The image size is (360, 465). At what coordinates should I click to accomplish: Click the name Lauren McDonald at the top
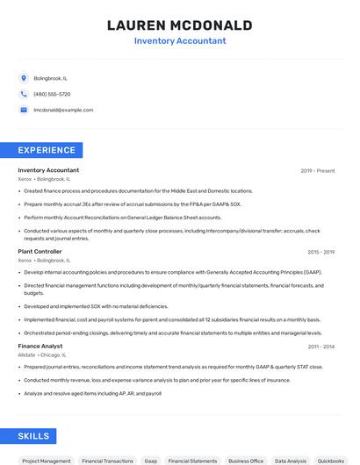point(179,25)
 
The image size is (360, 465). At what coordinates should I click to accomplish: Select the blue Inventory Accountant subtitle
point(179,40)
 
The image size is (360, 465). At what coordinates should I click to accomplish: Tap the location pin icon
point(24,78)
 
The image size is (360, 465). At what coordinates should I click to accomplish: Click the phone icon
point(24,94)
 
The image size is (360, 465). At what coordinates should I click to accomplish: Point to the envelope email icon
point(24,110)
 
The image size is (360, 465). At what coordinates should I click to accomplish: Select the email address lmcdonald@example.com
point(63,110)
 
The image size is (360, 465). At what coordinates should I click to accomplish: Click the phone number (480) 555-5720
point(52,94)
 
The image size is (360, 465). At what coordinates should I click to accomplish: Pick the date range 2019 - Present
point(317,171)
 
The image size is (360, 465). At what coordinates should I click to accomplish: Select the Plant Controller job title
point(40,252)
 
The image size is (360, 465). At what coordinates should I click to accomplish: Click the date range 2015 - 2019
point(320,252)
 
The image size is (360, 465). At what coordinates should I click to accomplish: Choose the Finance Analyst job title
point(40,347)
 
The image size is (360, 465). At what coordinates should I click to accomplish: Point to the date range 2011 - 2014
point(320,347)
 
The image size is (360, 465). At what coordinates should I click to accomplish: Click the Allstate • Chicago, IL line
point(45,355)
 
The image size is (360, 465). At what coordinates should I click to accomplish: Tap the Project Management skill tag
point(46,461)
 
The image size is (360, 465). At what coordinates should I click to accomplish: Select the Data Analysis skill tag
point(291,461)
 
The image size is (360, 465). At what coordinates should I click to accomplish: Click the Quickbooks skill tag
point(331,461)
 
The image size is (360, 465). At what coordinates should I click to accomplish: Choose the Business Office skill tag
point(246,461)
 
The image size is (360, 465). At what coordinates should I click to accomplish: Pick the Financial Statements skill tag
point(192,461)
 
